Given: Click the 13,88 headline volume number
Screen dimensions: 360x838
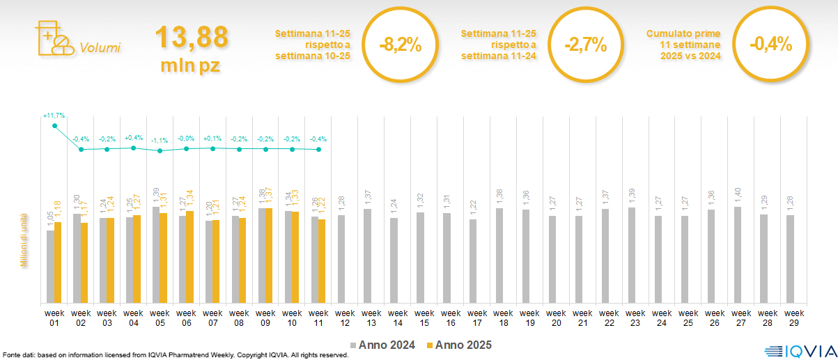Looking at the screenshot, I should (192, 37).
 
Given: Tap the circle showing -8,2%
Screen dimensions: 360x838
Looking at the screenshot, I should (400, 45).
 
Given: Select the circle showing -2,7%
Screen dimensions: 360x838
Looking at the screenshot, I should (585, 45).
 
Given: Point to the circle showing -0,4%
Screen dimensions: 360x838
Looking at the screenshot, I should (770, 45).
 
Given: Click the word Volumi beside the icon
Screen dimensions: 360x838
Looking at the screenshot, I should (100, 48).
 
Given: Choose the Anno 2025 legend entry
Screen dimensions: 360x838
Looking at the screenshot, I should (459, 345).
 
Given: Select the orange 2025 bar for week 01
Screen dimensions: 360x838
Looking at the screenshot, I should (59, 263).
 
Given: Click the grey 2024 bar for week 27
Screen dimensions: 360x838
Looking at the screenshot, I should (737, 255).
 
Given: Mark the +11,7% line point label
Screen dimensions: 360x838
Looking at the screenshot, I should (54, 115).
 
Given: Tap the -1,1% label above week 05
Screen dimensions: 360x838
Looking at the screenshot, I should (160, 140).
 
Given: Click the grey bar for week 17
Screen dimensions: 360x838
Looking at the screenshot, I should (473, 261).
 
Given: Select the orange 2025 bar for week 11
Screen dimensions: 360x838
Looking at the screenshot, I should (322, 261).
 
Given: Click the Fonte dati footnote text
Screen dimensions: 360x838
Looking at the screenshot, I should (175, 355).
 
